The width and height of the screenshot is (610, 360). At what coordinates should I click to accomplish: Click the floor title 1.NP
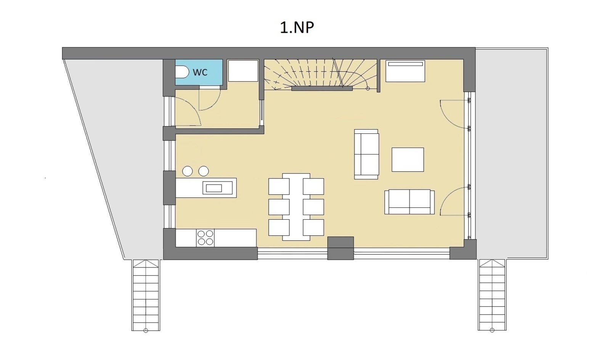[x=297, y=28]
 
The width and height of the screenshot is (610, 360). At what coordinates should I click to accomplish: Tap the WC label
[x=200, y=72]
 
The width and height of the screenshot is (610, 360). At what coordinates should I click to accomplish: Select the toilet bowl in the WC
[x=182, y=72]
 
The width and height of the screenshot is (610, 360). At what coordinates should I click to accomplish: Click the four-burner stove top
[x=205, y=238]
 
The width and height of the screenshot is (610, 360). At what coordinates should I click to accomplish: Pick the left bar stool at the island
[x=187, y=171]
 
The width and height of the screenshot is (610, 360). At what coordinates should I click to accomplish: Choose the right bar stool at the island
[x=204, y=171]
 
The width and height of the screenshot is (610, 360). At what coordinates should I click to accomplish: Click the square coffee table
[x=408, y=159]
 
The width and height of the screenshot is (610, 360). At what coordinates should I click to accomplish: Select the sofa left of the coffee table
[x=366, y=154]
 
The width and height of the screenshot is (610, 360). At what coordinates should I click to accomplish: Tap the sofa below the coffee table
[x=409, y=202]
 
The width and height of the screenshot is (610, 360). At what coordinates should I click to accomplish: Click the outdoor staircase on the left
[x=146, y=295]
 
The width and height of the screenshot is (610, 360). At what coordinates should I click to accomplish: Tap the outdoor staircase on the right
[x=492, y=295]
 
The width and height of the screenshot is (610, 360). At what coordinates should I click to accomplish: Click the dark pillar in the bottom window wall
[x=340, y=248]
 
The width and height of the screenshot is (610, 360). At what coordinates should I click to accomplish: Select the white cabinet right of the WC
[x=243, y=71]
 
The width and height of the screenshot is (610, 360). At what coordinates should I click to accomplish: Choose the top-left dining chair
[x=279, y=186]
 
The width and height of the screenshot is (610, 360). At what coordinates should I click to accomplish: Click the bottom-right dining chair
[x=313, y=227]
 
